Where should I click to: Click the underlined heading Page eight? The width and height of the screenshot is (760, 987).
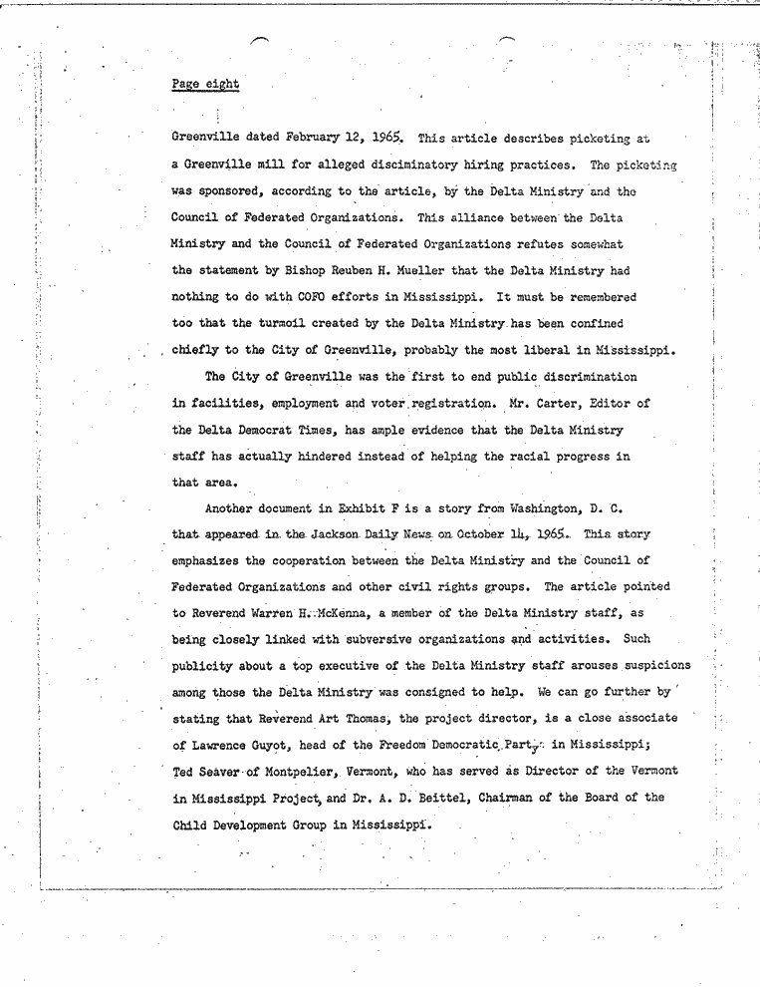(205, 85)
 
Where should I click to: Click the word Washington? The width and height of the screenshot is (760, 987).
(538, 509)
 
